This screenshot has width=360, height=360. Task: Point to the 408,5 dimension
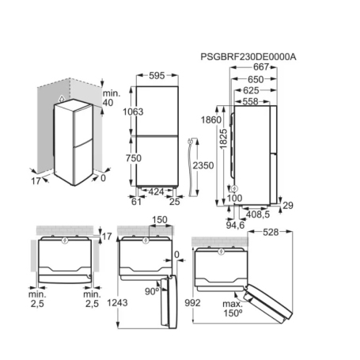pyautogui.click(x=258, y=214)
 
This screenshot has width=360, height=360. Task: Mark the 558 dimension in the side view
pyautogui.click(x=252, y=102)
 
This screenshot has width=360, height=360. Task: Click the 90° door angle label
pyautogui.click(x=150, y=290)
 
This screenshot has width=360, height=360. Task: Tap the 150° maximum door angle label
pyautogui.click(x=230, y=310)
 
